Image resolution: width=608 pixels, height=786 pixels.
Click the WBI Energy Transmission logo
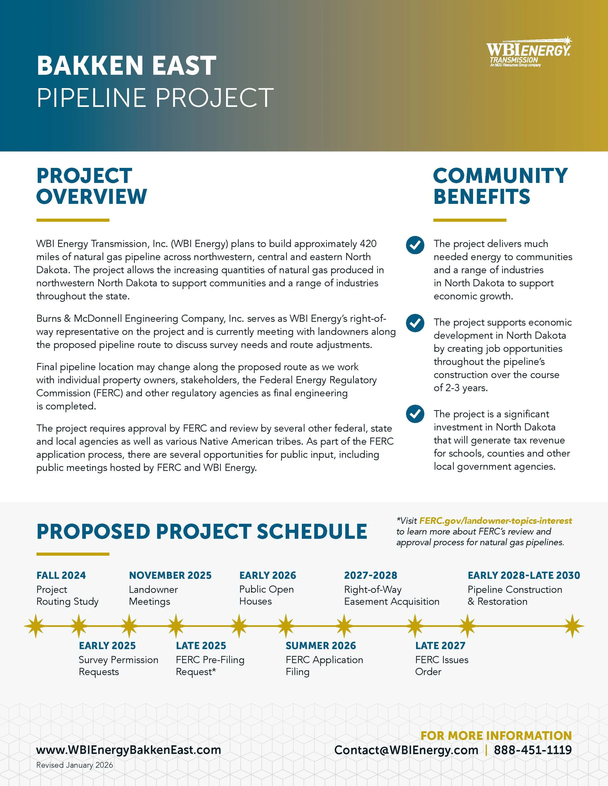pos(529,52)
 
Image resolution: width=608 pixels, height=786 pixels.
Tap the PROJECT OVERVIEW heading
pos(91,186)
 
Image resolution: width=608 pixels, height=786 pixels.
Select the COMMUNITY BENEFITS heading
pos(500,186)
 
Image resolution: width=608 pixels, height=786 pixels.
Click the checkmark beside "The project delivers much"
pos(415,245)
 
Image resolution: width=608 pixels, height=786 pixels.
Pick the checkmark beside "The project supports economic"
pos(415,323)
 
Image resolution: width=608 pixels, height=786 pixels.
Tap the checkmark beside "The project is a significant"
pos(415,414)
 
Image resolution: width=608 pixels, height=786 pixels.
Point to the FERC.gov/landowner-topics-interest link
pos(496,521)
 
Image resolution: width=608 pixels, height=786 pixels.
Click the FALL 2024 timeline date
pos(61,575)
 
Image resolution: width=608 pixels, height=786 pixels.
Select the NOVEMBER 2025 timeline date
pos(170,575)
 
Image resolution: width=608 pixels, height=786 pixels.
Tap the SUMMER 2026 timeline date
pos(321,646)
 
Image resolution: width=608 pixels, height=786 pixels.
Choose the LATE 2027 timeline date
pos(440,646)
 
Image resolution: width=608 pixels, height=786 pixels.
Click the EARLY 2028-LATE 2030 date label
pos(524,575)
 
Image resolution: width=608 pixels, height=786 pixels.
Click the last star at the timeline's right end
pos(572,626)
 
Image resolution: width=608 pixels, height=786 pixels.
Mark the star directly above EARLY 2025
pos(79,626)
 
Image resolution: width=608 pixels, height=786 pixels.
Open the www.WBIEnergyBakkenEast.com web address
pos(129,750)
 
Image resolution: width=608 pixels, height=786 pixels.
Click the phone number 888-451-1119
pos(533,750)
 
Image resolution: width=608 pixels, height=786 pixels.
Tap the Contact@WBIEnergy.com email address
pos(406,750)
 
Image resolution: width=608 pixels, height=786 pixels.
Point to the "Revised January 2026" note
pos(75,765)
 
